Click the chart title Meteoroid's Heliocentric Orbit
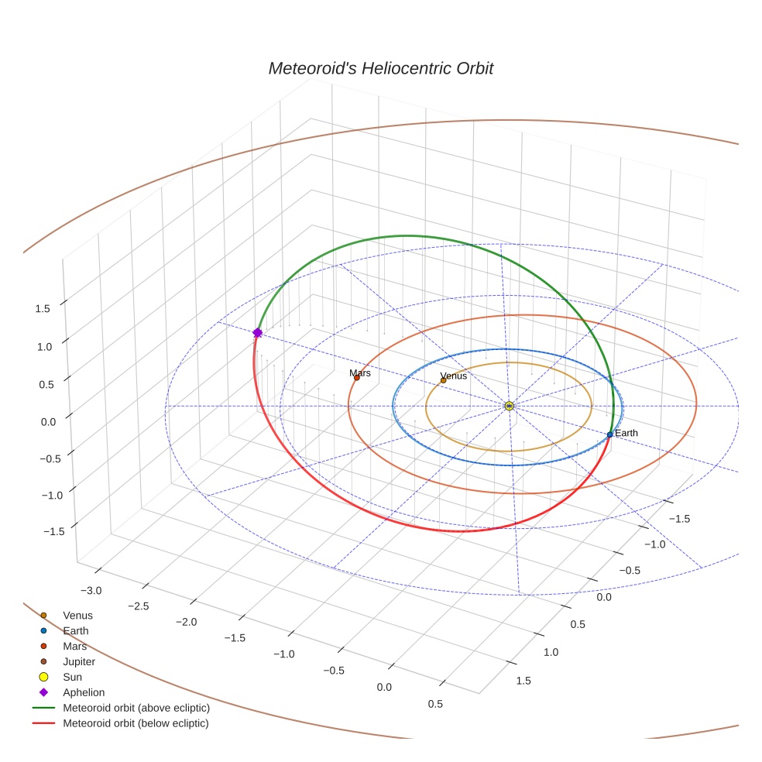pos(380,69)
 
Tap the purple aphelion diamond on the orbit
pos(258,332)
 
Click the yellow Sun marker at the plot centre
pos(509,406)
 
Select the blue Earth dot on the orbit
pos(610,434)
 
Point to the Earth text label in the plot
pos(626,433)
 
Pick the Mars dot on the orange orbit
pos(356,378)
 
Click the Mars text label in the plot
pos(360,372)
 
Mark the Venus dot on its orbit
pos(443,380)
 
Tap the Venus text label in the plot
pos(454,376)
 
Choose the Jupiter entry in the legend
pos(79,661)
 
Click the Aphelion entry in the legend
pos(84,692)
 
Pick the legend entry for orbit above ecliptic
pos(136,708)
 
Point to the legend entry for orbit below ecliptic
pos(136,723)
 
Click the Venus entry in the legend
pos(77,615)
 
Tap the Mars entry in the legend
pos(74,646)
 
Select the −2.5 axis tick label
pos(138,606)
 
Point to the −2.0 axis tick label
pos(186,622)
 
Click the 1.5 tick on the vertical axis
pos(43,308)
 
